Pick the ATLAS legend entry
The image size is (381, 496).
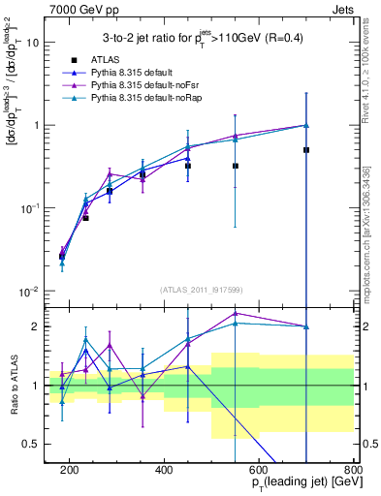click(105, 59)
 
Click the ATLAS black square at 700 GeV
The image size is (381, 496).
click(306, 150)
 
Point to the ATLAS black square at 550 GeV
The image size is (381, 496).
click(236, 166)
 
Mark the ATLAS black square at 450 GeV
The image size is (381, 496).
click(188, 166)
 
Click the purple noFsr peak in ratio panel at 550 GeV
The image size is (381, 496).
click(236, 313)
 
